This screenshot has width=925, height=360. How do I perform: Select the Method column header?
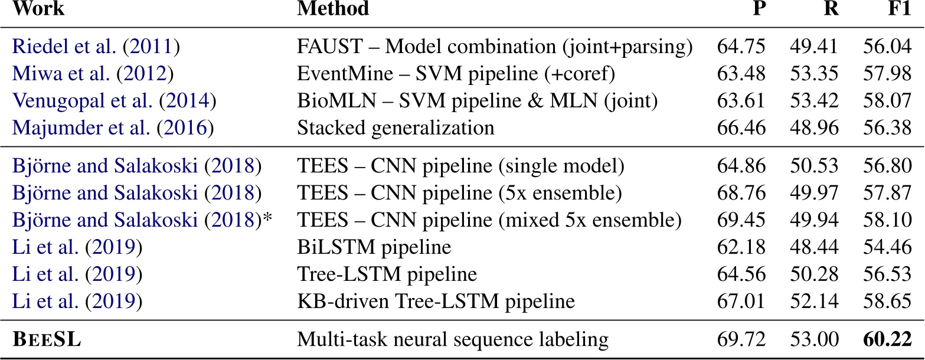click(333, 9)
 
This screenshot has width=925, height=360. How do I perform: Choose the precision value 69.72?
click(741, 340)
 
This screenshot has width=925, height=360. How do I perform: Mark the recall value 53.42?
click(815, 102)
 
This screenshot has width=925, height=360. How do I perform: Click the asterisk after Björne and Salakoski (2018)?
click(267, 218)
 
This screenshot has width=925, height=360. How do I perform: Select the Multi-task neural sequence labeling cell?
click(452, 340)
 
